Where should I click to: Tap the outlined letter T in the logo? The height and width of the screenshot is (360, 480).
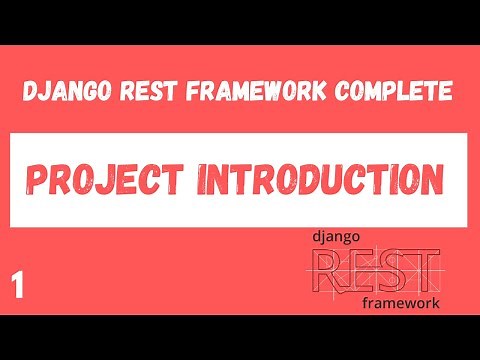424,270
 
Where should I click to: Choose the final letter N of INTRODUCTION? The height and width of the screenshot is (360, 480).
428,181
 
